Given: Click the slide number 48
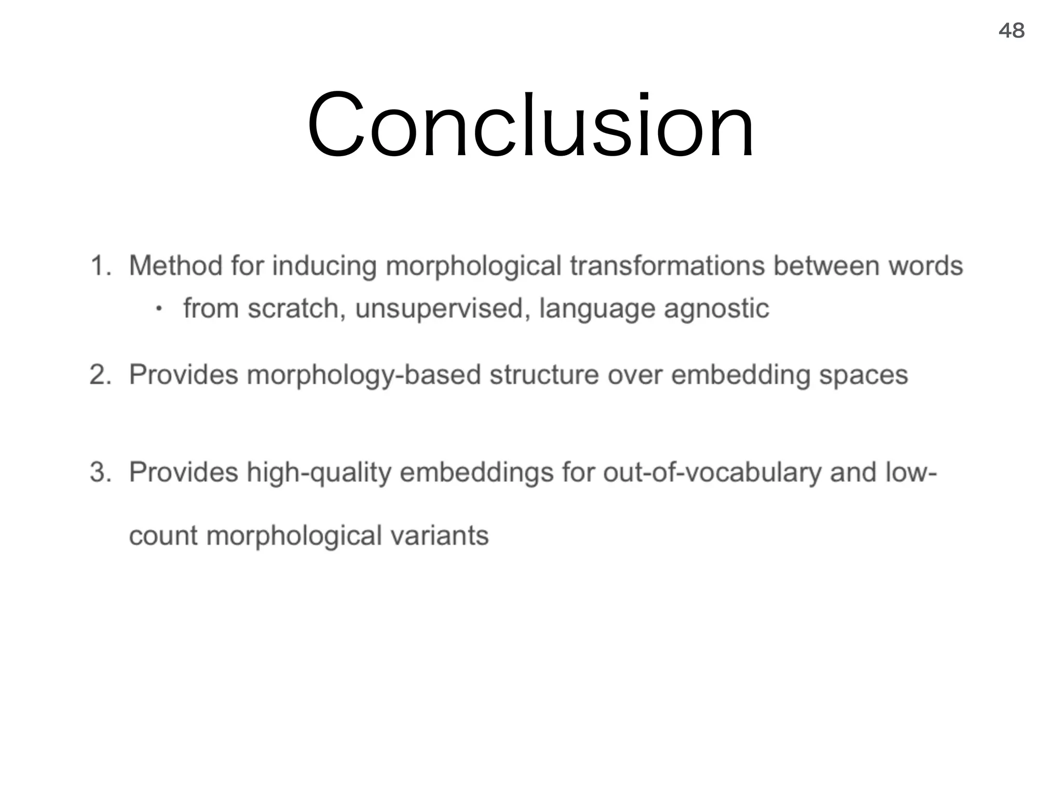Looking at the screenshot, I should tap(1011, 31).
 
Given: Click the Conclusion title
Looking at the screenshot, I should tap(530, 125).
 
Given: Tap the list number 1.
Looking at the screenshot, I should tap(100, 266).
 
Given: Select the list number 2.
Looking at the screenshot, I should tap(100, 375).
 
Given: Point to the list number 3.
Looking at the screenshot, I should tap(100, 472).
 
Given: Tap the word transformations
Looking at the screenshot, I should tap(667, 266).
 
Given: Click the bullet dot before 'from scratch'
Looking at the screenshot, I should tap(159, 309).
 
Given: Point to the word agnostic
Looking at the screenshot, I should tap(716, 309).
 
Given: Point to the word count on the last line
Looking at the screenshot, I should tap(163, 537).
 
